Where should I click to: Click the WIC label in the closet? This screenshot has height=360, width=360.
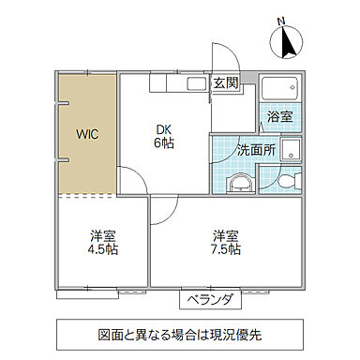coord(87,133)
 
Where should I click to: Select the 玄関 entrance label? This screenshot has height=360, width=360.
coord(225,82)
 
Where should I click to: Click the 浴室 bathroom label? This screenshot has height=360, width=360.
coord(279,118)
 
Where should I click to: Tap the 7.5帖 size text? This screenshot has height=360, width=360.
coord(226,249)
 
